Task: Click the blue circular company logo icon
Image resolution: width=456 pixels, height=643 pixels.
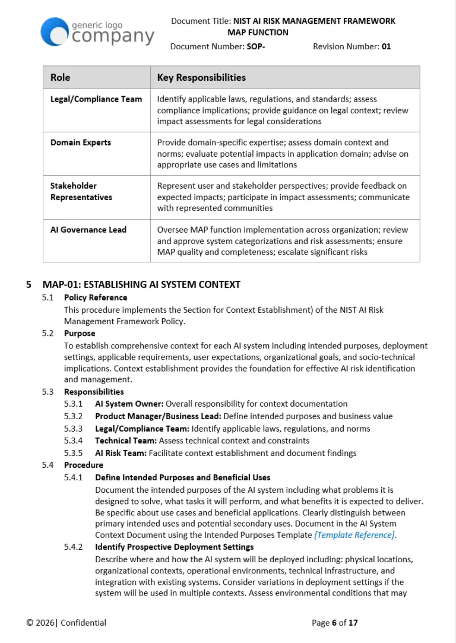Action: pyautogui.click(x=55, y=31)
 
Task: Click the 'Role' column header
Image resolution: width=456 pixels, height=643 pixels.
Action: pyautogui.click(x=60, y=77)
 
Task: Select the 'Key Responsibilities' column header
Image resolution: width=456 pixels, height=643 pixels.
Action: pyautogui.click(x=201, y=77)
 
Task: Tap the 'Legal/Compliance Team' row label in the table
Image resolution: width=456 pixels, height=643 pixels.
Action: pyautogui.click(x=96, y=99)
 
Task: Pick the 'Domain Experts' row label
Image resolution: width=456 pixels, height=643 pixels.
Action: pyautogui.click(x=80, y=142)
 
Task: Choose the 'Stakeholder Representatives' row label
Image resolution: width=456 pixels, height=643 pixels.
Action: pyautogui.click(x=81, y=191)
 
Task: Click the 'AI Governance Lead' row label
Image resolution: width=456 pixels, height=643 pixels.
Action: pyautogui.click(x=88, y=230)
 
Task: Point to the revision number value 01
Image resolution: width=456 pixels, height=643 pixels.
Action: pyautogui.click(x=386, y=46)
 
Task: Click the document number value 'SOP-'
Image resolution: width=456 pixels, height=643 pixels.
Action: pyautogui.click(x=255, y=46)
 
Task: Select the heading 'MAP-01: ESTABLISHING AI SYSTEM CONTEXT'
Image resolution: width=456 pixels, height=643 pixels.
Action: pyautogui.click(x=141, y=284)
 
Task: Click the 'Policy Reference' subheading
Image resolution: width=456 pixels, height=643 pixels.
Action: pyautogui.click(x=96, y=297)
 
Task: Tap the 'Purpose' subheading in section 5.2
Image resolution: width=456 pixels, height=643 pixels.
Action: pyautogui.click(x=80, y=334)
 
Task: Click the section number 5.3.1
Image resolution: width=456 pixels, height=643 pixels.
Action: pyautogui.click(x=74, y=404)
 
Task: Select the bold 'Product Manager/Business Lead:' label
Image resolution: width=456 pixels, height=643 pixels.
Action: pyautogui.click(x=158, y=416)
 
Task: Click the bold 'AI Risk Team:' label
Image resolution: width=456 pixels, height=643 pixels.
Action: pyautogui.click(x=121, y=453)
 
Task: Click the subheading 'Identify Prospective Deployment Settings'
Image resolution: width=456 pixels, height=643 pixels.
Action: pyautogui.click(x=174, y=547)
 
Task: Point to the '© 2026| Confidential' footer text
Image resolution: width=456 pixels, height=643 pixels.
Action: pyautogui.click(x=66, y=623)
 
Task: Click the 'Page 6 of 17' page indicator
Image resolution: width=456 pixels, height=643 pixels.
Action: pyautogui.click(x=335, y=623)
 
